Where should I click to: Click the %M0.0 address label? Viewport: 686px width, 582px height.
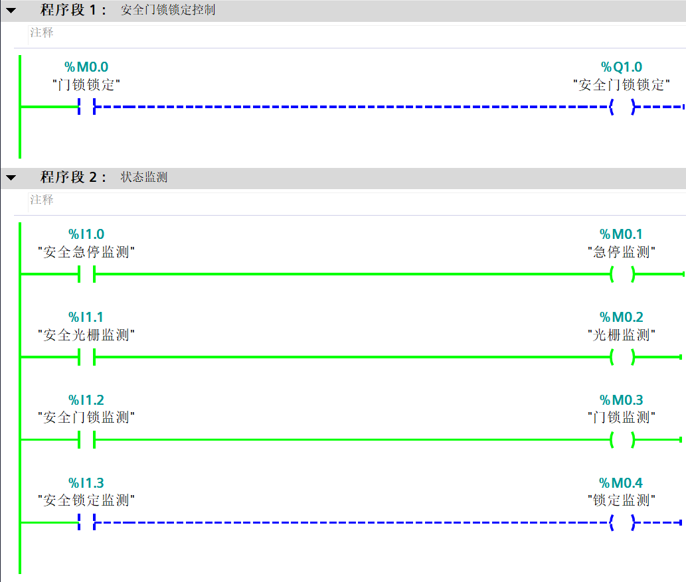pos(86,67)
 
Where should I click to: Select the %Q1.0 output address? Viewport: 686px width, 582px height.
pos(622,67)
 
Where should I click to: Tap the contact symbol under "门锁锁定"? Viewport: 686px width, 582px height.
pos(87,106)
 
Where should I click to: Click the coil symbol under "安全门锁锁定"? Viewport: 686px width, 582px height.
pos(622,106)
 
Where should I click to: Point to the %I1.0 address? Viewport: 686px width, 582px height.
pos(86,234)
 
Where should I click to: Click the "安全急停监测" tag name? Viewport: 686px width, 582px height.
pos(86,252)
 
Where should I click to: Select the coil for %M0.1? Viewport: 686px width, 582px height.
pos(622,274)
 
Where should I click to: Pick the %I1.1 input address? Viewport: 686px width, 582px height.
pos(86,317)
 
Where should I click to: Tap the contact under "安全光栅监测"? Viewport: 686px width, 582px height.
pos(87,357)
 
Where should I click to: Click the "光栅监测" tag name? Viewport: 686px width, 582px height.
pos(622,335)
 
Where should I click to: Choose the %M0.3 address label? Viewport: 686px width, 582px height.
pos(622,400)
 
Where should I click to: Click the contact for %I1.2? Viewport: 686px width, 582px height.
pos(87,439)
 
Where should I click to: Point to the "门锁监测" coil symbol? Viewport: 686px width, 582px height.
pos(622,439)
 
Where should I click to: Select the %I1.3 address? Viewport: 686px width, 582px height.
pos(86,482)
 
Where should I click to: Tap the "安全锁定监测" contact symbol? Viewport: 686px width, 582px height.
pos(87,522)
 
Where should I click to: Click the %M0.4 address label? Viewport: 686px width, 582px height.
pos(622,482)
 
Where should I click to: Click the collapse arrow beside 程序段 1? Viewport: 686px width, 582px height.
pos(11,11)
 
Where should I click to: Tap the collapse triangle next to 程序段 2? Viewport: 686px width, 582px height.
pos(11,178)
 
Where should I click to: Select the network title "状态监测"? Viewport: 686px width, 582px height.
pos(144,178)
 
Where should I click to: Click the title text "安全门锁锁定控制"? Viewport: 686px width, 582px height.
pos(168,11)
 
